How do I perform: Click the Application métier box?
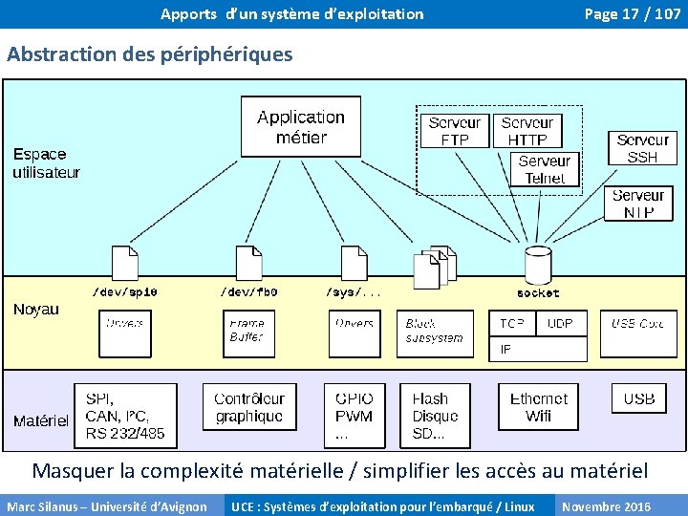click(300, 127)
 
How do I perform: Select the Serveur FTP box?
click(454, 131)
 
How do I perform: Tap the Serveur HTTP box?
click(527, 131)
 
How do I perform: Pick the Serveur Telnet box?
click(545, 169)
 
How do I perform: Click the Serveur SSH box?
click(642, 148)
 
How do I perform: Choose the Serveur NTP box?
click(638, 204)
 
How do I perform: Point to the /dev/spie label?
click(125, 292)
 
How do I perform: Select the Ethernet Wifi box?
click(538, 407)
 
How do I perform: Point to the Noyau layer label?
click(36, 309)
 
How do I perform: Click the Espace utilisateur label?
click(46, 162)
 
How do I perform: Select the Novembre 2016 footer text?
click(607, 506)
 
